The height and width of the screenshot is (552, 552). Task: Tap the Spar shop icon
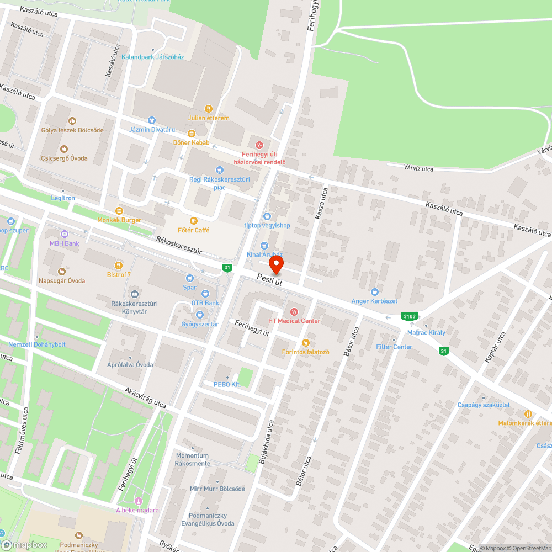coord(190,278)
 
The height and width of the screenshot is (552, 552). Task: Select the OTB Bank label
coord(205,303)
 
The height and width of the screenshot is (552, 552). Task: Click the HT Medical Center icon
coord(294,312)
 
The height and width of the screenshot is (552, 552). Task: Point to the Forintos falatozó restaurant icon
coord(305,343)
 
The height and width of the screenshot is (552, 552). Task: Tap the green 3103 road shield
coord(409,316)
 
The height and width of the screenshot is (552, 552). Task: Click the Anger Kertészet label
coord(375,301)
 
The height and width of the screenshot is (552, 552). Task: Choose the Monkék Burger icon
coord(119,211)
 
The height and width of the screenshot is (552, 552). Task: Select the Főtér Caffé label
coord(193,230)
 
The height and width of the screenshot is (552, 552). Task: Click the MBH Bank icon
coord(65,234)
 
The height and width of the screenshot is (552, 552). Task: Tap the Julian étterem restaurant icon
coord(209,109)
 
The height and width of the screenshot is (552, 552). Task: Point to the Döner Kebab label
coord(192,143)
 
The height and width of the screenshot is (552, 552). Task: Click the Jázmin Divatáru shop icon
coord(152,120)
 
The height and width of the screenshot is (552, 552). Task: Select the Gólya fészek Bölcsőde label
coord(72,130)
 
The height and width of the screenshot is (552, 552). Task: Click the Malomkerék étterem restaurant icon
coord(528,413)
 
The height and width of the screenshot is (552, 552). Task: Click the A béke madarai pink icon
coord(138,501)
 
